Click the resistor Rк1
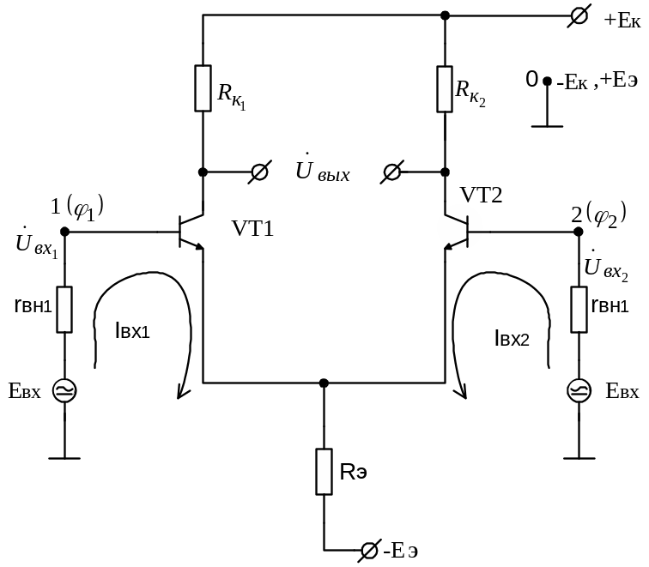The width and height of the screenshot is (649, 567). (203, 87)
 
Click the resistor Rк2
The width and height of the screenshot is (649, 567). (444, 87)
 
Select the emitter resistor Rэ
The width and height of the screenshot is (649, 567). (324, 470)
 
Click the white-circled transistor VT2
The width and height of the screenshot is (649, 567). (459, 229)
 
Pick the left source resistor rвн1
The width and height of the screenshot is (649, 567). (64, 310)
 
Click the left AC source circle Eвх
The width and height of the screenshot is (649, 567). (64, 390)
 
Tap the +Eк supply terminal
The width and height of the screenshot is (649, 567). (580, 16)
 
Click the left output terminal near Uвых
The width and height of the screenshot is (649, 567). (258, 172)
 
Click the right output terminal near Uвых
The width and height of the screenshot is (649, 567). (391, 172)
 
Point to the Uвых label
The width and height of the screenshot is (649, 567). (322, 172)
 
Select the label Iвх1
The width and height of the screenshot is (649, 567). (131, 332)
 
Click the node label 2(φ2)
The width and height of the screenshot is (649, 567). (598, 212)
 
